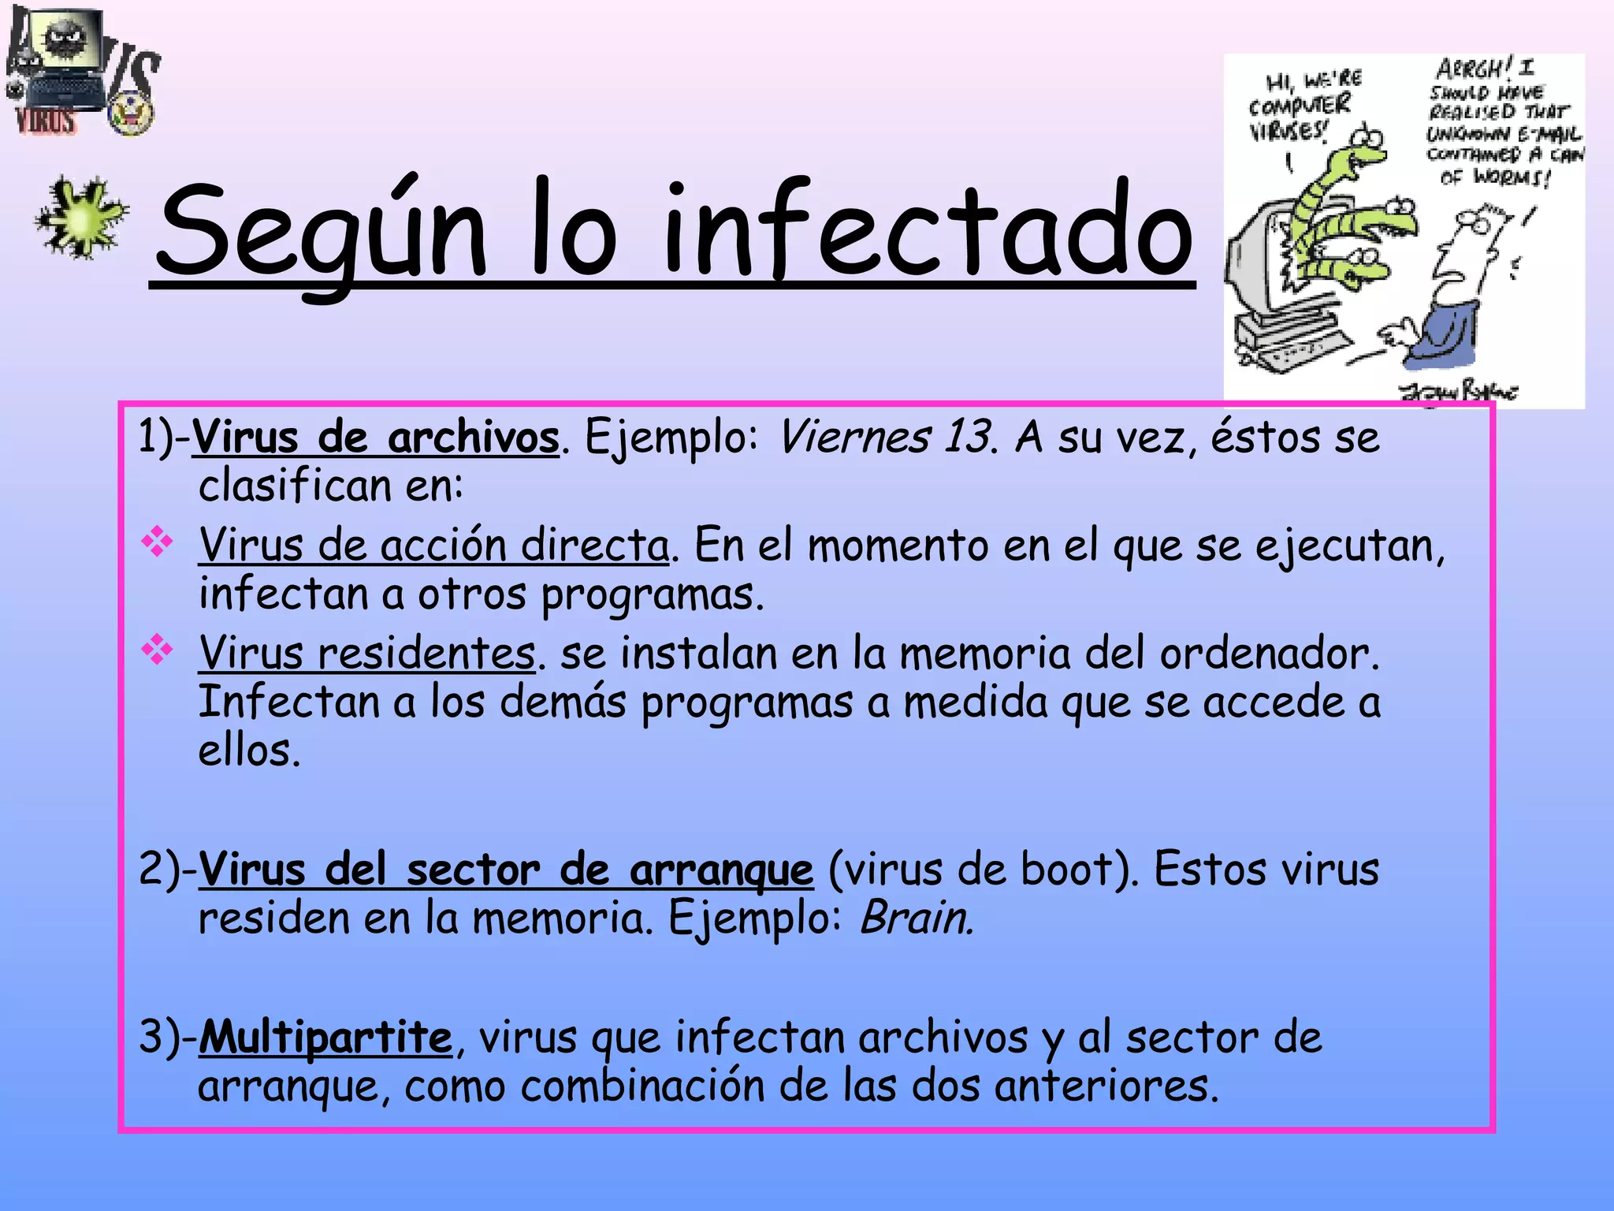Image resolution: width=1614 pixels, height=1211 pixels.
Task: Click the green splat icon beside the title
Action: [x=81, y=218]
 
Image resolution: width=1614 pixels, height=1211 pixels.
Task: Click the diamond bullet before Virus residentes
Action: [x=157, y=650]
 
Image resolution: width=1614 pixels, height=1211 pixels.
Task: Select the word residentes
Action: [x=426, y=654]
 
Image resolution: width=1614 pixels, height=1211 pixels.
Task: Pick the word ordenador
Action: [x=1269, y=654]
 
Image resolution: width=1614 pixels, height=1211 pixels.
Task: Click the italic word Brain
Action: [x=915, y=918]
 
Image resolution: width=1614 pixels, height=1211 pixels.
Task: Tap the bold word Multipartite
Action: [x=325, y=1038]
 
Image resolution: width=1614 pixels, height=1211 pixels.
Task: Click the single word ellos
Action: [x=248, y=751]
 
